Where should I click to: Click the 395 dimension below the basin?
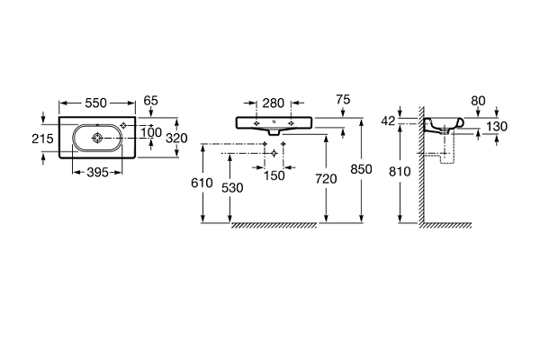click(97, 172)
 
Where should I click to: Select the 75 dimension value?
click(341, 101)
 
